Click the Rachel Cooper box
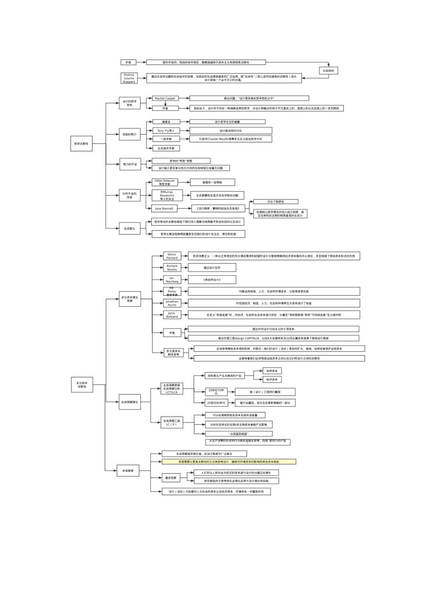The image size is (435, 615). (x=165, y=98)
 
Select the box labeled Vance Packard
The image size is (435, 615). (x=172, y=256)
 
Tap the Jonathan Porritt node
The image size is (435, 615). (x=172, y=303)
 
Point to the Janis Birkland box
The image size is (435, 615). (x=172, y=315)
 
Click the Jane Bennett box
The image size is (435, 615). (x=164, y=209)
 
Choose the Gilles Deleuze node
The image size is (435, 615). (x=164, y=182)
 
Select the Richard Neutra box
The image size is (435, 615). (x=172, y=268)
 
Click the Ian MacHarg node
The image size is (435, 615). (x=172, y=280)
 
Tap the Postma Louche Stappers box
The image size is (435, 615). (x=129, y=78)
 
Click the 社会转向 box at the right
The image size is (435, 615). (x=328, y=71)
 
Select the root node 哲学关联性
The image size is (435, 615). (x=82, y=144)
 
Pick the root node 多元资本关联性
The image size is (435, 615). (x=82, y=385)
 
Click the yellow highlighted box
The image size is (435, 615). (x=228, y=462)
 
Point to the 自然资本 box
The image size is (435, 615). (x=272, y=371)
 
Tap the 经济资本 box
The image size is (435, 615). (x=272, y=379)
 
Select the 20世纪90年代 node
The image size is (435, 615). (x=216, y=403)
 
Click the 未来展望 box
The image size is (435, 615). (x=128, y=470)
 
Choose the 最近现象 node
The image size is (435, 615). (x=171, y=478)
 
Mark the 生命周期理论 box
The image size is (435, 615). (x=130, y=402)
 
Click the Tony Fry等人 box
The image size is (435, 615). (x=166, y=131)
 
